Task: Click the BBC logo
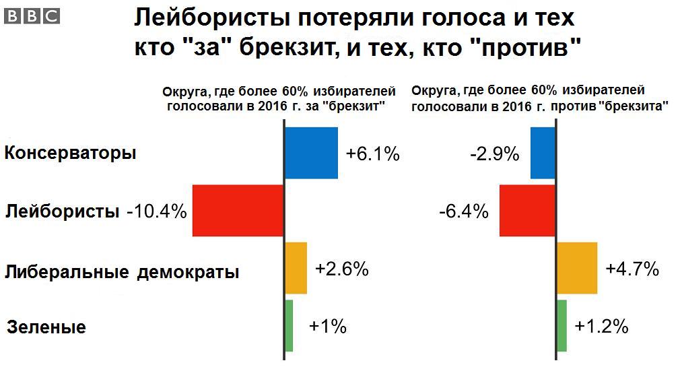pyautogui.click(x=32, y=16)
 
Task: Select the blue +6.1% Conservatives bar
pyautogui.click(x=312, y=153)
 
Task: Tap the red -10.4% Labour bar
pyautogui.click(x=238, y=211)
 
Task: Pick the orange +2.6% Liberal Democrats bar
pyautogui.click(x=296, y=268)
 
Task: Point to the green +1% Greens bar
pyautogui.click(x=289, y=325)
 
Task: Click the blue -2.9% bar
pyautogui.click(x=543, y=153)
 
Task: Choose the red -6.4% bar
pyautogui.click(x=527, y=211)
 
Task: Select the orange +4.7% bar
pyautogui.click(x=577, y=268)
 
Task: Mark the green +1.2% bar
pyautogui.click(x=562, y=325)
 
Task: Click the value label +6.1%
pyautogui.click(x=373, y=154)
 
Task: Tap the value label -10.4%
pyautogui.click(x=157, y=211)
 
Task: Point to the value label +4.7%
pyautogui.click(x=632, y=269)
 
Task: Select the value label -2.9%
pyautogui.click(x=495, y=154)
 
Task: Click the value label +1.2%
pyautogui.click(x=601, y=326)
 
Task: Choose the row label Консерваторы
pyautogui.click(x=71, y=153)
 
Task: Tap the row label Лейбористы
pyautogui.click(x=62, y=211)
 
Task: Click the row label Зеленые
pyautogui.click(x=46, y=327)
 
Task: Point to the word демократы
pyautogui.click(x=189, y=272)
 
